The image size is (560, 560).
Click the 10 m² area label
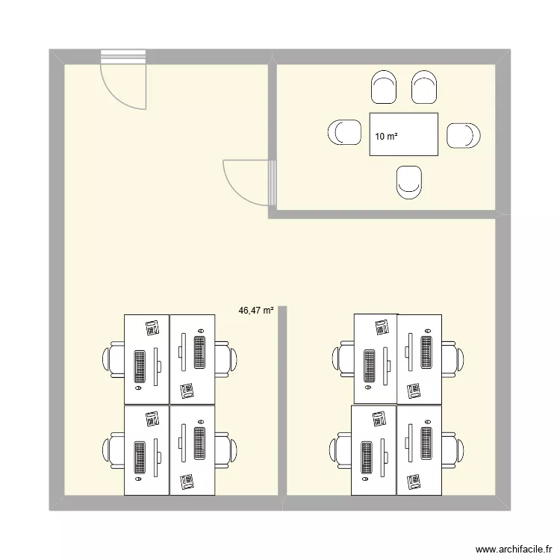[x=386, y=136]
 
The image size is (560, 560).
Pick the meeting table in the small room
[x=403, y=134]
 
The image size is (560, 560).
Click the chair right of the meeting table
[x=462, y=135]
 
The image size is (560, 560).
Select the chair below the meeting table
[x=410, y=181]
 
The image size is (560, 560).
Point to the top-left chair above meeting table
[x=384, y=88]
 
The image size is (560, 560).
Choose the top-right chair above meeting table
[x=423, y=88]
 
